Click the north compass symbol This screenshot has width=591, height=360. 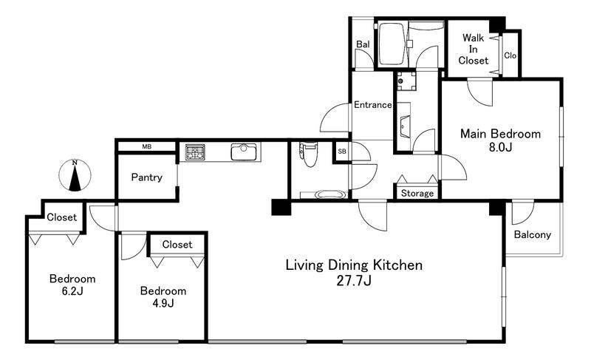(75, 175)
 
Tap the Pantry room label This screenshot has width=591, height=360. (146, 177)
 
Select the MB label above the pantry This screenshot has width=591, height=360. (146, 146)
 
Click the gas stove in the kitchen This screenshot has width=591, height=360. (195, 152)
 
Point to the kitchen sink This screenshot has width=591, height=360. (244, 152)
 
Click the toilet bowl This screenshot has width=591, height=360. (310, 154)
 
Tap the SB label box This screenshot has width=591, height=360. (342, 152)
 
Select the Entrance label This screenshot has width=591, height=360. (372, 105)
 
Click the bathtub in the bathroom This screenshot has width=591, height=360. (392, 44)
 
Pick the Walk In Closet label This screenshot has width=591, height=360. (473, 49)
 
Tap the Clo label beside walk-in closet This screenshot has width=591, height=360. (510, 55)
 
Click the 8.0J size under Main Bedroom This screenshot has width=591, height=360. (500, 147)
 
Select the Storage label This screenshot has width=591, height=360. (417, 194)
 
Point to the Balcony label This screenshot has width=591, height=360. (532, 235)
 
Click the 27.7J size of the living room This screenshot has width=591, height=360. (354, 281)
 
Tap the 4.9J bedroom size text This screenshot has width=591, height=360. (163, 303)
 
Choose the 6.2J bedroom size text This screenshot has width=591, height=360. (72, 291)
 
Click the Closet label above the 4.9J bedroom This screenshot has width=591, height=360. (177, 244)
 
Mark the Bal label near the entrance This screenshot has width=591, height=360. (363, 44)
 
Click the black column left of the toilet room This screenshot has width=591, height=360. (281, 207)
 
